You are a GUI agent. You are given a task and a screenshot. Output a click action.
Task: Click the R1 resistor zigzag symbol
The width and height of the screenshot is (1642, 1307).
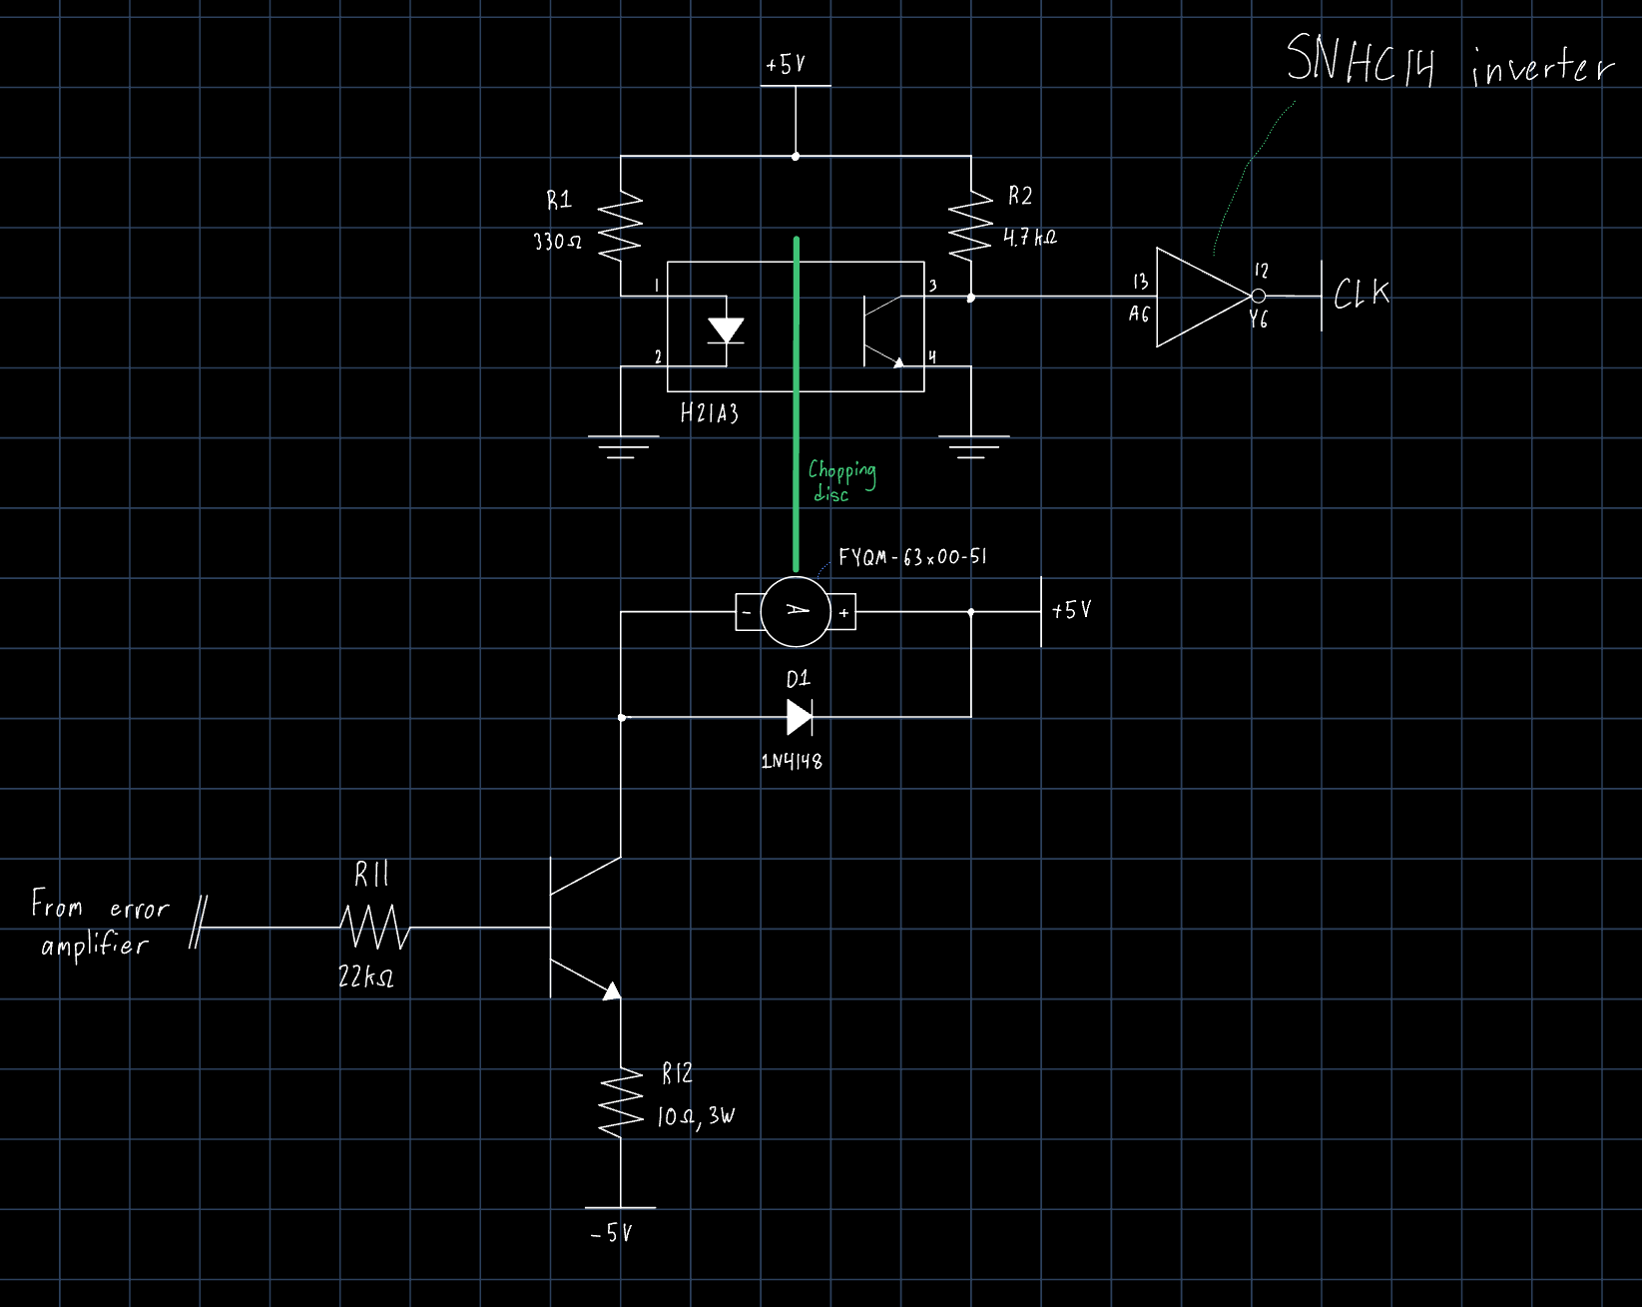[620, 226]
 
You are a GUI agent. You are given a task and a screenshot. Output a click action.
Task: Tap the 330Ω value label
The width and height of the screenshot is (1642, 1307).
[557, 242]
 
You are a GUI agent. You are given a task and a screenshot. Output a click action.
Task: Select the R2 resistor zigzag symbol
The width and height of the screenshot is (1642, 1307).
[970, 226]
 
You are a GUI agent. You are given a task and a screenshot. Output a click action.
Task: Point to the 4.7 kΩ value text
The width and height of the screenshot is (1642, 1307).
[1030, 238]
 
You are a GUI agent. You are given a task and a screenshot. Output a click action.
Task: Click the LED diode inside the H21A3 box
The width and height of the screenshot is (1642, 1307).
[726, 329]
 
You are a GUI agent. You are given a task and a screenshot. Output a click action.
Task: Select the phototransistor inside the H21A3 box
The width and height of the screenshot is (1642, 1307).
[878, 330]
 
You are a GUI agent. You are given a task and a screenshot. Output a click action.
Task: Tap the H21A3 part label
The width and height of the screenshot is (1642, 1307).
[709, 413]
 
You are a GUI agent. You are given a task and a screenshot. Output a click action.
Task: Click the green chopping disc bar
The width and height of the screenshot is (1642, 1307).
[796, 399]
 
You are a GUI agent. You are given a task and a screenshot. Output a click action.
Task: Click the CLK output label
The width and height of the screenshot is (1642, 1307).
[1362, 294]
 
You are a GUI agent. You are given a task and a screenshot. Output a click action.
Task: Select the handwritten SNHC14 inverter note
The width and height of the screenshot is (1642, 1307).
[1447, 63]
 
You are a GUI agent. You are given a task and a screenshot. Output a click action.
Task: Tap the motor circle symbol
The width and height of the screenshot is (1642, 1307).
[796, 611]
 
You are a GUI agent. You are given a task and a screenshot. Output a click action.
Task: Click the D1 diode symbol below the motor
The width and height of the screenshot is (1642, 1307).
[799, 717]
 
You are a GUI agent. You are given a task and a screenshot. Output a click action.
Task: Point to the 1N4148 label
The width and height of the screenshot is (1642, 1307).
[792, 761]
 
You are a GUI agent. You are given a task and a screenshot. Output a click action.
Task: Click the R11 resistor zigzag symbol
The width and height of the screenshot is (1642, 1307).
[374, 927]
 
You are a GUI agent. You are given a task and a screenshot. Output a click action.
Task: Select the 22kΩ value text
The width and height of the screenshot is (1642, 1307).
[366, 978]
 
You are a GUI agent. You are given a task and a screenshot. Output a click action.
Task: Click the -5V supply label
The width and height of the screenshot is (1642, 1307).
[612, 1234]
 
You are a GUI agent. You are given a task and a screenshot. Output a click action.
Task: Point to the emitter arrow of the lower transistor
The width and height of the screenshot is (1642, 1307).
[610, 989]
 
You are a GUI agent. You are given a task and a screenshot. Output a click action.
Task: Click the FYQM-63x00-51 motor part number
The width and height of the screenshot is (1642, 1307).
[912, 557]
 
